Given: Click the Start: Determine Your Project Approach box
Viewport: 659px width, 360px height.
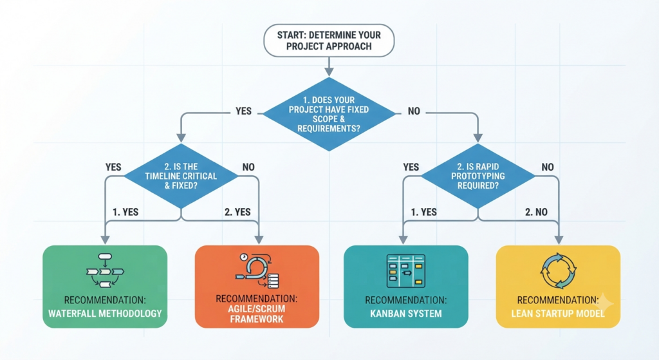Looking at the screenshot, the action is click(x=329, y=41).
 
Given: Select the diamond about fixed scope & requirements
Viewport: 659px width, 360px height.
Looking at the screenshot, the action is click(x=329, y=114).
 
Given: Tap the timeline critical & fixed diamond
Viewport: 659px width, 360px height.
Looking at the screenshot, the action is click(x=181, y=176).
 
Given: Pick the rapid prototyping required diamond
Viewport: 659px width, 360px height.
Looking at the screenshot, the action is click(x=478, y=176).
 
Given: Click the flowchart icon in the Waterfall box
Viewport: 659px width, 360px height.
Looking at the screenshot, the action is click(x=105, y=270).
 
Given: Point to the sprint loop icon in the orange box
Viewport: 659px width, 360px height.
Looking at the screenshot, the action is click(x=257, y=270).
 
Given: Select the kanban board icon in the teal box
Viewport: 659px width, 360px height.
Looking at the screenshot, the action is click(x=405, y=271).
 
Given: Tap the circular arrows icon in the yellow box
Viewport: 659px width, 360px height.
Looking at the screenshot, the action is click(x=558, y=271).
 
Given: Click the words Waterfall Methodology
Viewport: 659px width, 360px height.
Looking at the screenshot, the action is click(x=105, y=314).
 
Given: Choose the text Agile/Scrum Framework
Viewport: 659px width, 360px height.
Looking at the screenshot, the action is click(x=257, y=314).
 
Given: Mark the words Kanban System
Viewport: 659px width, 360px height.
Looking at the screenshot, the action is click(x=406, y=314).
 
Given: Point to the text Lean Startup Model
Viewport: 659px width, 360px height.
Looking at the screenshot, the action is click(x=558, y=314).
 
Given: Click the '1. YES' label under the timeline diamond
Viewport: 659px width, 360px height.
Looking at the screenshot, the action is click(x=125, y=212).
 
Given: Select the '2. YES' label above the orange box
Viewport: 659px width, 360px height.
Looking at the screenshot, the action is click(x=237, y=212).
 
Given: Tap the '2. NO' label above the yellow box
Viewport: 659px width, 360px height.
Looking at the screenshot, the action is click(x=536, y=212).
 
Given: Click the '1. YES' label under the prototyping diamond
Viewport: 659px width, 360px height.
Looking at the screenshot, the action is click(x=423, y=212).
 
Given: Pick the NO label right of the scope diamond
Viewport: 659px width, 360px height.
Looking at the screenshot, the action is click(x=414, y=111).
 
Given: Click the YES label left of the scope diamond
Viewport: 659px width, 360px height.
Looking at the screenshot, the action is click(x=243, y=111).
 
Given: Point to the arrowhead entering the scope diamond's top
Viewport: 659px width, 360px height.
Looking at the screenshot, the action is click(x=329, y=72).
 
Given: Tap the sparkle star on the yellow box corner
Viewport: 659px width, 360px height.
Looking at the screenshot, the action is click(x=604, y=303).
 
